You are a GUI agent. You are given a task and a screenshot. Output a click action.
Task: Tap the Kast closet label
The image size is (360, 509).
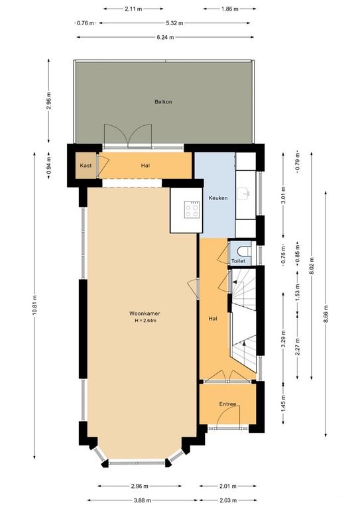[86, 165]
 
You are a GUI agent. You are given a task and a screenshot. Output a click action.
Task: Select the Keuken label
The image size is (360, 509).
[218, 198]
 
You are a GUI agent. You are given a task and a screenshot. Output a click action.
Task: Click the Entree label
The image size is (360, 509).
[228, 404]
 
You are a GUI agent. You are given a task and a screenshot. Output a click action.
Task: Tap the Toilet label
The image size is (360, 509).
[238, 261]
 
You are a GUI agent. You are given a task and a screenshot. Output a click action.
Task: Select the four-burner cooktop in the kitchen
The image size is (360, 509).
[192, 209]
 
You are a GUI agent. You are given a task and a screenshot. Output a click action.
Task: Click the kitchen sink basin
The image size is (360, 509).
[246, 194]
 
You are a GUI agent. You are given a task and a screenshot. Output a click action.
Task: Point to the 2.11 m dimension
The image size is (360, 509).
[133, 9]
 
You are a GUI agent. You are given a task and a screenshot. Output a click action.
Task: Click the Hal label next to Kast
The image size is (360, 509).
[145, 166]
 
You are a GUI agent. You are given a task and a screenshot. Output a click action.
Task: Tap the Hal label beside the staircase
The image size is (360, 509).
[213, 319]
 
